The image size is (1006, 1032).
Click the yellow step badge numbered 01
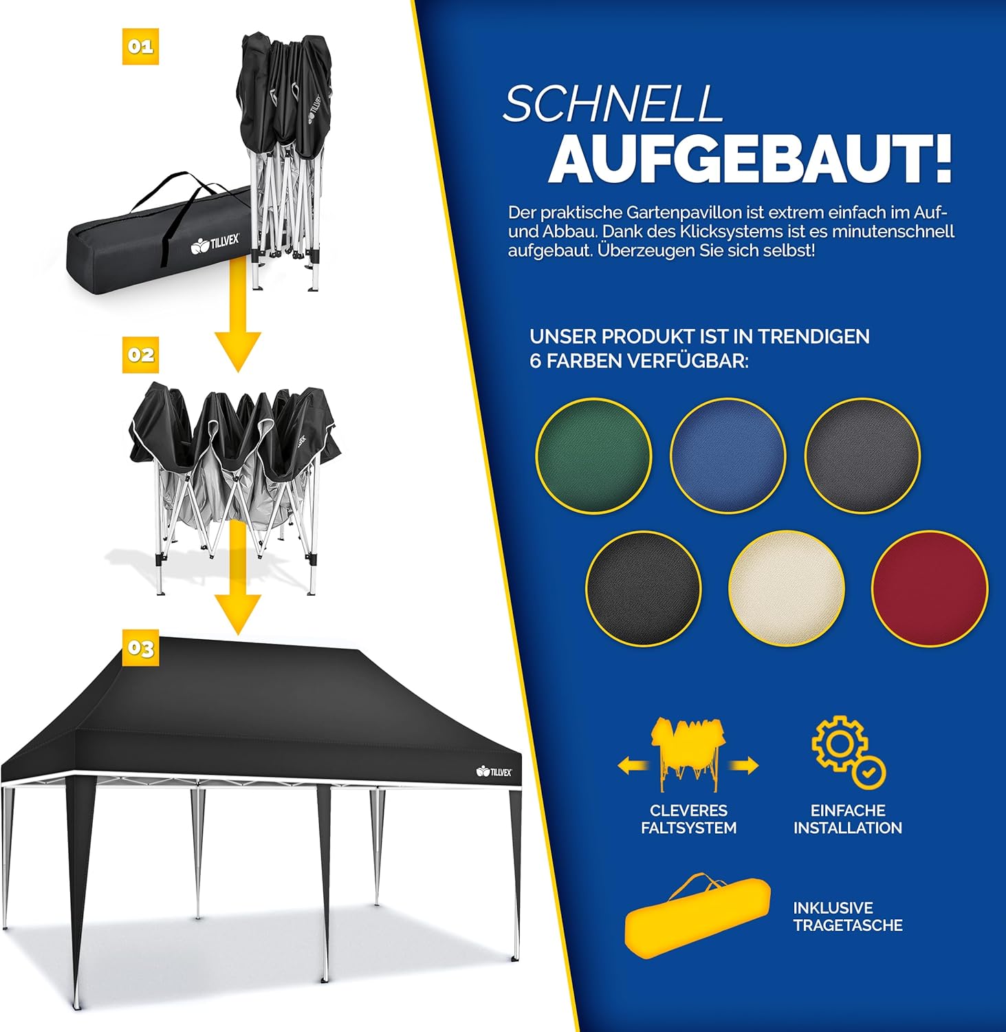(x=140, y=47)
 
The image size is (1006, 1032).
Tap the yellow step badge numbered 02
(x=140, y=355)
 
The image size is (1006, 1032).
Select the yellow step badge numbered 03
(x=140, y=648)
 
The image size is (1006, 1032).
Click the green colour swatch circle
(x=593, y=455)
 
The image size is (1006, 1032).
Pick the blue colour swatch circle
(x=728, y=455)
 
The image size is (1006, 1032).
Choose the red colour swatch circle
(x=930, y=589)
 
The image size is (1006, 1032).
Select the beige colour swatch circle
(x=787, y=589)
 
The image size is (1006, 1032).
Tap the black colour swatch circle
(x=644, y=589)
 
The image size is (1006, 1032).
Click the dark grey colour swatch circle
(x=862, y=455)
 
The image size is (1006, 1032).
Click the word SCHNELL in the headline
(x=613, y=105)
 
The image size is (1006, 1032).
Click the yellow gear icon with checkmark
(x=849, y=752)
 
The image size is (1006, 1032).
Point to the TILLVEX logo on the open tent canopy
(x=494, y=771)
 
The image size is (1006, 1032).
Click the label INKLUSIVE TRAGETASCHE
(x=848, y=916)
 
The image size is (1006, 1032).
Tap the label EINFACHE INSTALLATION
(x=848, y=819)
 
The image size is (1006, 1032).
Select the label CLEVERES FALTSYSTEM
(x=688, y=819)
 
